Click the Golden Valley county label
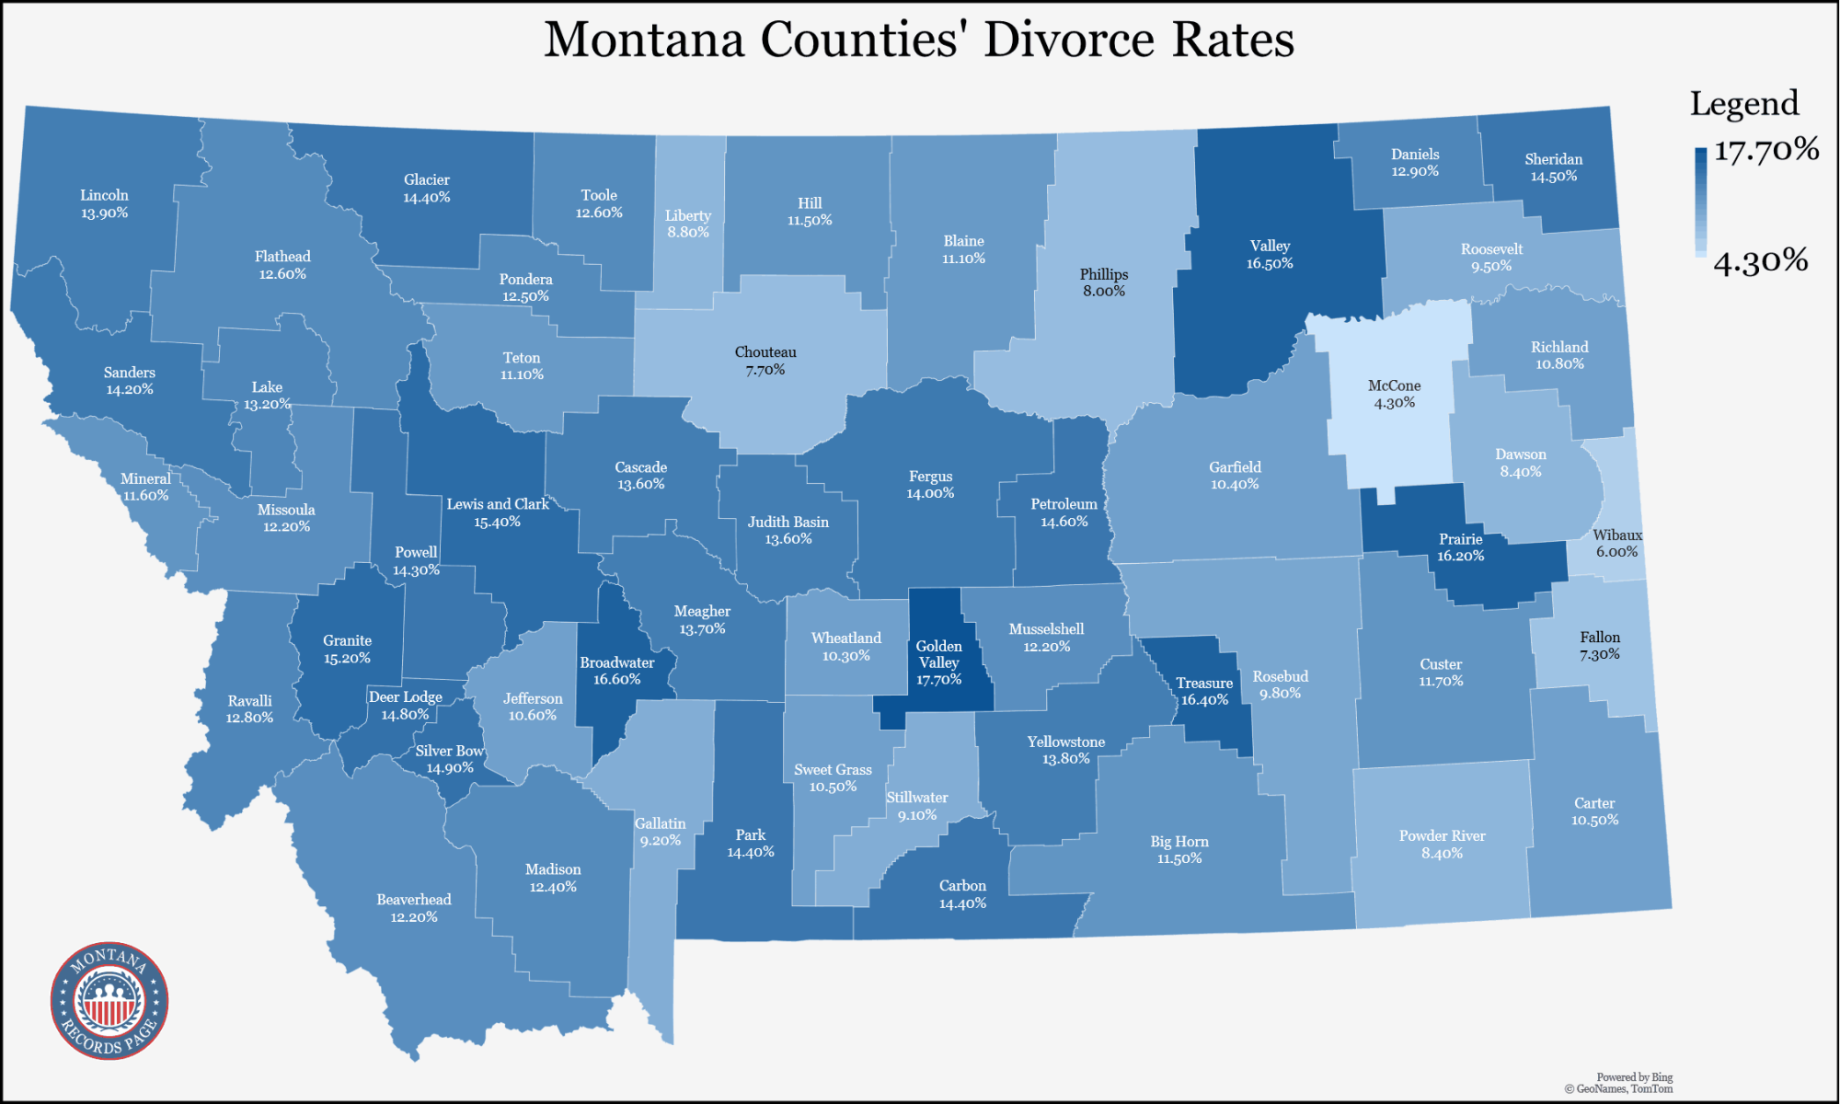[938, 654]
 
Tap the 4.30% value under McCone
[1394, 403]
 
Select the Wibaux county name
[1617, 535]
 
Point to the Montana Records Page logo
[109, 1001]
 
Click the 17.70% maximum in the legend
[1765, 149]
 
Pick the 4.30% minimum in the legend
[1760, 261]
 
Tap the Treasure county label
[1203, 683]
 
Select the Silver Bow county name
[449, 751]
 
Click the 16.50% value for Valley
[1270, 264]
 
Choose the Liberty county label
[688, 215]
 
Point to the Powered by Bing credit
[1634, 1077]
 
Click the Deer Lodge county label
[406, 696]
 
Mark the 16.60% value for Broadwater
[616, 680]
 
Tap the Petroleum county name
[1064, 504]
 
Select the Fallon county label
[1600, 637]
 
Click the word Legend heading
[1743, 103]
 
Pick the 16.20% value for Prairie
[1460, 557]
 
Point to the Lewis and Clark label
[498, 504]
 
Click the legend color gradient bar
[1700, 201]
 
